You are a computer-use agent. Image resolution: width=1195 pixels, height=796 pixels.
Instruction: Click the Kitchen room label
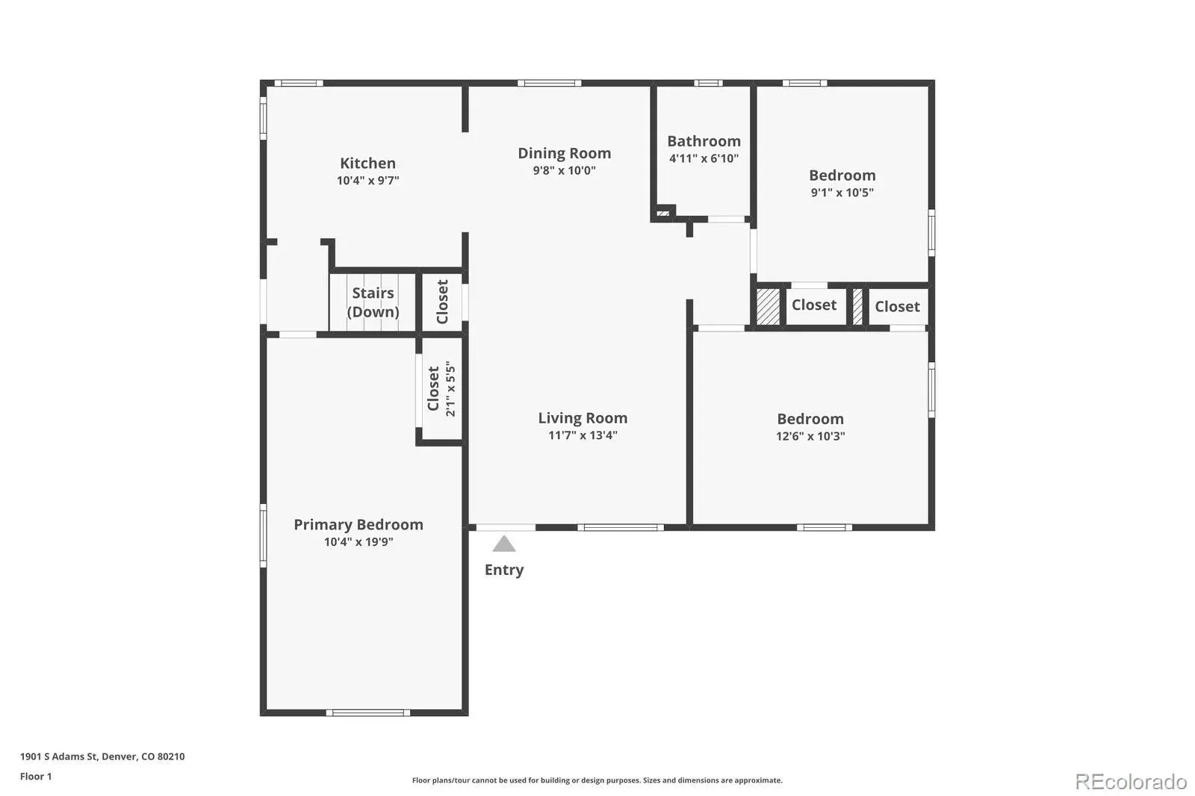pyautogui.click(x=367, y=163)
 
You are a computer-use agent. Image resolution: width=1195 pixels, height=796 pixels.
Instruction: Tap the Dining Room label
pyautogui.click(x=565, y=153)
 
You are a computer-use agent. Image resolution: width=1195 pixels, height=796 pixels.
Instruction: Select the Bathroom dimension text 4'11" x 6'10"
pyautogui.click(x=704, y=158)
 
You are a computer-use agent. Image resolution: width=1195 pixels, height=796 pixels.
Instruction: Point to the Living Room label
pyautogui.click(x=583, y=417)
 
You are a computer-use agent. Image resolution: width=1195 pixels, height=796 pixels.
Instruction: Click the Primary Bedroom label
pyautogui.click(x=358, y=524)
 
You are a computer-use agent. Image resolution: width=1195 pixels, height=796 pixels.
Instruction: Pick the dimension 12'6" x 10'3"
pyautogui.click(x=810, y=436)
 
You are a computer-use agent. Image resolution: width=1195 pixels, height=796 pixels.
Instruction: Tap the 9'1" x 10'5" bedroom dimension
pyautogui.click(x=842, y=193)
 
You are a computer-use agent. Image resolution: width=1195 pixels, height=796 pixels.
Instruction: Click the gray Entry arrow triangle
pyautogui.click(x=503, y=544)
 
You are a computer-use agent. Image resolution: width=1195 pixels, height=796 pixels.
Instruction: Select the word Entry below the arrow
pyautogui.click(x=504, y=570)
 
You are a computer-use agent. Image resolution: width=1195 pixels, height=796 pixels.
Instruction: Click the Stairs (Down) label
pyautogui.click(x=373, y=302)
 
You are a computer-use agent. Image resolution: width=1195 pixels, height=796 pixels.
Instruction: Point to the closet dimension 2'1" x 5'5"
pyautogui.click(x=451, y=388)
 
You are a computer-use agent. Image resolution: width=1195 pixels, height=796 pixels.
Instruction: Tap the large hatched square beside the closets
pyautogui.click(x=769, y=306)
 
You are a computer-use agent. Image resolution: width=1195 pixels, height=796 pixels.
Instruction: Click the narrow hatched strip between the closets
pyautogui.click(x=857, y=306)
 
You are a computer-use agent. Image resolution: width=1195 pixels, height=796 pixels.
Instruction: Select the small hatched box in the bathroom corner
pyautogui.click(x=663, y=214)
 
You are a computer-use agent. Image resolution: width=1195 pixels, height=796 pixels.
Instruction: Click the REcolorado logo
pyautogui.click(x=1131, y=782)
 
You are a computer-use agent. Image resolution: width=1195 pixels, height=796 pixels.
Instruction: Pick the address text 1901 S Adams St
pyautogui.click(x=59, y=756)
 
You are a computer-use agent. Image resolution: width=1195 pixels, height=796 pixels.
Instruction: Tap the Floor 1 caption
pyautogui.click(x=36, y=777)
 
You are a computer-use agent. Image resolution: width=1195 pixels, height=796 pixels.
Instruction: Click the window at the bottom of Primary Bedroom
pyautogui.click(x=368, y=713)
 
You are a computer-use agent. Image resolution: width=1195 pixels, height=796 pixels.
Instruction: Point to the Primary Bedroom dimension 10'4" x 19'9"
pyautogui.click(x=358, y=542)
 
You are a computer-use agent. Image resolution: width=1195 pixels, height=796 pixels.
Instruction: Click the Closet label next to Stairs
pyautogui.click(x=442, y=302)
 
